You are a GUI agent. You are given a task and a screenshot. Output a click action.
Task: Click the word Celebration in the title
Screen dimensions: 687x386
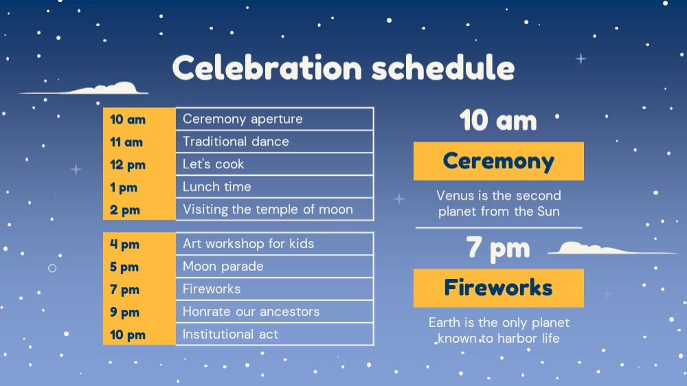coord(267,67)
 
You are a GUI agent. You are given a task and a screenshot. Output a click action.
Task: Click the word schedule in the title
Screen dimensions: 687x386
coord(443,67)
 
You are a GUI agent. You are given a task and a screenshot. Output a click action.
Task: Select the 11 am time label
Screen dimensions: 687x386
coord(126,142)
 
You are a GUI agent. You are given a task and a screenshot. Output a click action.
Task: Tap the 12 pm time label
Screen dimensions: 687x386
coord(128,165)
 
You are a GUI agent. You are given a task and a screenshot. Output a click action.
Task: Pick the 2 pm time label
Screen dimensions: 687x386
coord(125,210)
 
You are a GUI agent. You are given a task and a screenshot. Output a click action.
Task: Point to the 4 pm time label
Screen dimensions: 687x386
coord(124,244)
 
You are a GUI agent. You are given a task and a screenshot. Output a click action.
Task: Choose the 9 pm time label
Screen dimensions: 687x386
coord(124,312)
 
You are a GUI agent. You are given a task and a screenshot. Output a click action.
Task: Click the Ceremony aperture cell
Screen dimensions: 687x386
coord(275,119)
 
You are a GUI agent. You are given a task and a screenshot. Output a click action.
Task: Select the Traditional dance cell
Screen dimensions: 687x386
coord(275,141)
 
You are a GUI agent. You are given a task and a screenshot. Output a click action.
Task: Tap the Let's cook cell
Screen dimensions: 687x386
coord(275,164)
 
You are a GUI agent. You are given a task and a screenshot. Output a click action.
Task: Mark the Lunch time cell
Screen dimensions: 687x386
coord(275,187)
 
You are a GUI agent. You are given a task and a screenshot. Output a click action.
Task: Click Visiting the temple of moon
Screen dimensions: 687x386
coord(268,209)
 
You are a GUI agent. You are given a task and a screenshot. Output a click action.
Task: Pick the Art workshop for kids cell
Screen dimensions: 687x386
coord(275,244)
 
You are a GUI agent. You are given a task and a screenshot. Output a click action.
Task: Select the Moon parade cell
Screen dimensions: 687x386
coord(275,266)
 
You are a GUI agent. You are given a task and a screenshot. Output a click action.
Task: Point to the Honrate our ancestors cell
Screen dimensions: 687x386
coord(275,312)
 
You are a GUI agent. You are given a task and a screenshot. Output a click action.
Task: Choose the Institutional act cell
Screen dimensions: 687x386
coord(275,334)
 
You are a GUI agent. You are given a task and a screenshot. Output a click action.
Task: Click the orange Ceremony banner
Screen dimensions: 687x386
coord(499,161)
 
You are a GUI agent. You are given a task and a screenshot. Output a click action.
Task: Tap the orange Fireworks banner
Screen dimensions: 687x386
coord(499,288)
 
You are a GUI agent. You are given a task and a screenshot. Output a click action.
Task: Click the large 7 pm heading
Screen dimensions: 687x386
coord(497,249)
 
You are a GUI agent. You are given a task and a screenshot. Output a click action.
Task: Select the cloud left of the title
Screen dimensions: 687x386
coord(83,89)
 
